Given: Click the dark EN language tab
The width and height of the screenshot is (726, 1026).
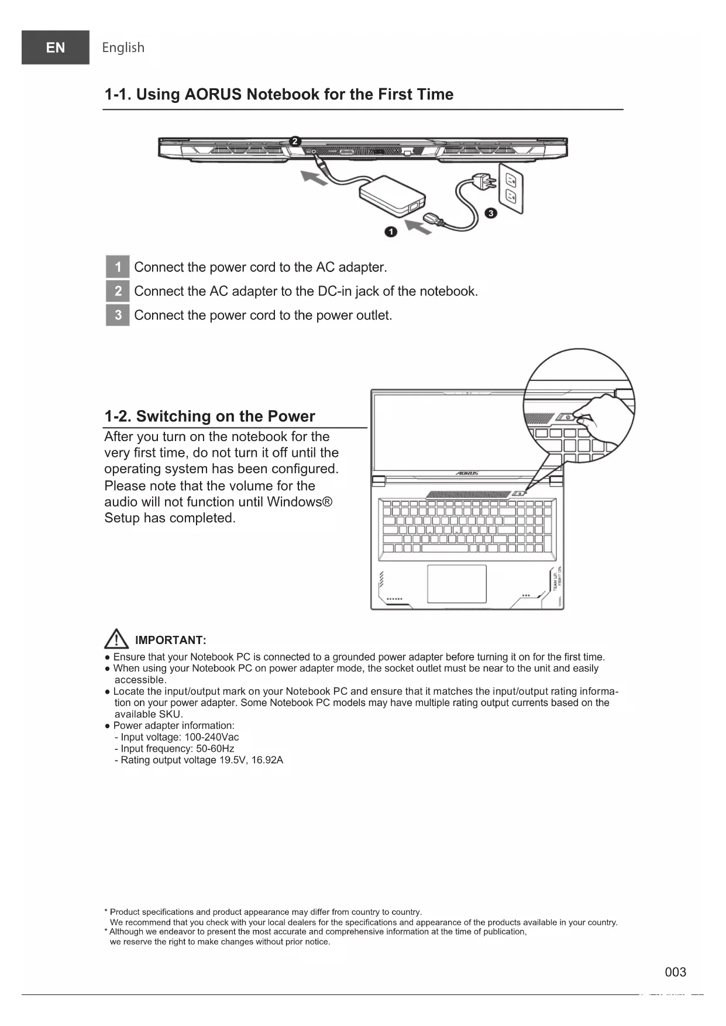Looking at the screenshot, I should tap(56, 47).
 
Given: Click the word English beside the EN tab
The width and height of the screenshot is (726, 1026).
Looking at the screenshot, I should tap(123, 47).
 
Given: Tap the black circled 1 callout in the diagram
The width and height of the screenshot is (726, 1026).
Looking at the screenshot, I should tap(391, 232).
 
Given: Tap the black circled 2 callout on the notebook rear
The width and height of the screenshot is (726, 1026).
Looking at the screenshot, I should tap(295, 141).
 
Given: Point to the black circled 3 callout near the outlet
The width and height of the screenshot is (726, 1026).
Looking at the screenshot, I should tap(491, 213).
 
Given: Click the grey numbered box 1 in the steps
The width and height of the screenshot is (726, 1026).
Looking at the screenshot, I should tap(118, 267).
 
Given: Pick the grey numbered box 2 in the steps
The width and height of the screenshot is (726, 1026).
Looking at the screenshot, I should tap(118, 291).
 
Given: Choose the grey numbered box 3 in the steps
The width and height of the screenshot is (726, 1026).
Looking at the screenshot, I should tap(118, 315).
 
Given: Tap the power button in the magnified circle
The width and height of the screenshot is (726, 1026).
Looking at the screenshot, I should tap(567, 417).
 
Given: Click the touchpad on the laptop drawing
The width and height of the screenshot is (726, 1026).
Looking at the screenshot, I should tap(457, 583).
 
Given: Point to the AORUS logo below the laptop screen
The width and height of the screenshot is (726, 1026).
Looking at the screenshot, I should tap(467, 473).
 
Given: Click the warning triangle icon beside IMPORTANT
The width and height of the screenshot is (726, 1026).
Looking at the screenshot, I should tap(116, 639).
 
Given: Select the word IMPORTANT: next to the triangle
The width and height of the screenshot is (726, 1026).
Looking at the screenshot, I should tap(170, 640).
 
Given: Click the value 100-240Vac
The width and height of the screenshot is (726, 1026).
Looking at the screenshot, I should tap(211, 737).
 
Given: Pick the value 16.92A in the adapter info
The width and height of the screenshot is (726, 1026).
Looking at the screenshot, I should tap(267, 760).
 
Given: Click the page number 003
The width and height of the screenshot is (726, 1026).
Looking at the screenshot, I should tap(675, 972).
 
